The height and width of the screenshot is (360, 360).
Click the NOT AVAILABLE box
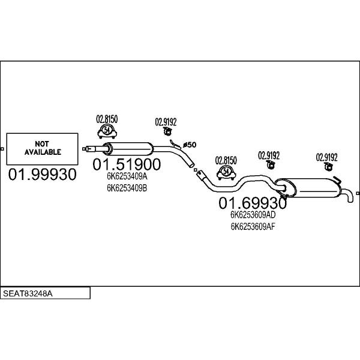[x=42, y=149]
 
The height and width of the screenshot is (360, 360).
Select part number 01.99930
[x=42, y=174]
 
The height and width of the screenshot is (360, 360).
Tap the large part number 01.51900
[x=127, y=164]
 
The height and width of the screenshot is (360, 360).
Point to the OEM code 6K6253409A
[x=127, y=176]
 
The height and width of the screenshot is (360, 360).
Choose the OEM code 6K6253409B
[x=127, y=188]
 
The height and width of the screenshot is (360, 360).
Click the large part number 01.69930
[x=253, y=203]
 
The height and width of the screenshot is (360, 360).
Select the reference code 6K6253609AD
[x=253, y=215]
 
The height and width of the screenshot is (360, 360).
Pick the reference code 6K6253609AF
[x=253, y=227]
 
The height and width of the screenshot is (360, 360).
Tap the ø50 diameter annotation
[x=190, y=145]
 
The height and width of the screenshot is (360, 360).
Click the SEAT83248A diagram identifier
[x=28, y=293]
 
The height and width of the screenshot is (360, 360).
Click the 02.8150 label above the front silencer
[x=107, y=119]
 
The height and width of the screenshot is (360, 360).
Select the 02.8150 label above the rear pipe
[x=226, y=160]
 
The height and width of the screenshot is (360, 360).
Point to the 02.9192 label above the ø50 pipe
[x=166, y=122]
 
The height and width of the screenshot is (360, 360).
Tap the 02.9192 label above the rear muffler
[x=327, y=157]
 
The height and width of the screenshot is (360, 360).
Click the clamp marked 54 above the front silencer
[x=107, y=131]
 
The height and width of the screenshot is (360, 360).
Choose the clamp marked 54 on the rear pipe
[x=226, y=172]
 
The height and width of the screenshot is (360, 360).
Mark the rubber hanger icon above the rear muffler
[x=329, y=166]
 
